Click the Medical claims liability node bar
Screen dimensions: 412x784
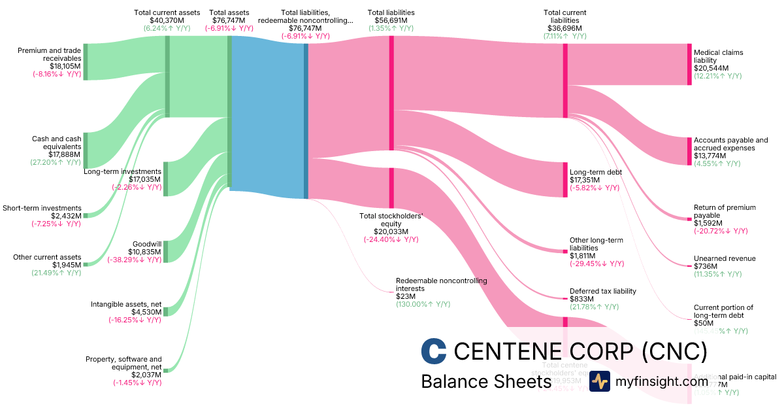coord(689,64)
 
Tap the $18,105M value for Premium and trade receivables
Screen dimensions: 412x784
coord(65,66)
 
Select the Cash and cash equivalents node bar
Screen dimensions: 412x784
coord(85,150)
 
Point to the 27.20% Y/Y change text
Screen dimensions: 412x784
coord(56,162)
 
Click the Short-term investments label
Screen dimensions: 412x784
coord(42,208)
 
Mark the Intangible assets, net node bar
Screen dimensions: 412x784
coord(165,311)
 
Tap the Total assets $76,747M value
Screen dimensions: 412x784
coord(229,20)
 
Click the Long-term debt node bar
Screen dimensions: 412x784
coord(565,179)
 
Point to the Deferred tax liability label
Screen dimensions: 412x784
coord(602,291)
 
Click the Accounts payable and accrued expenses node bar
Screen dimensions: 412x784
coord(689,151)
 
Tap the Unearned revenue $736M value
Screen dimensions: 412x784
coord(705,266)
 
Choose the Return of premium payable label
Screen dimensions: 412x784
coord(725,211)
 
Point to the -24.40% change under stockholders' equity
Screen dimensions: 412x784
coord(391,239)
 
